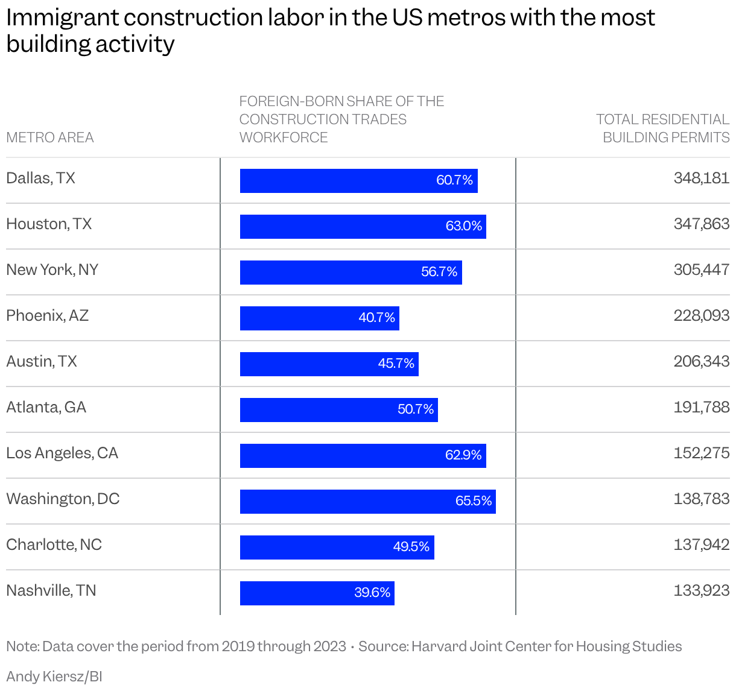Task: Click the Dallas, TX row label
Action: [x=41, y=178]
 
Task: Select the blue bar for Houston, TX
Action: [x=363, y=227]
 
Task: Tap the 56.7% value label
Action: [x=439, y=272]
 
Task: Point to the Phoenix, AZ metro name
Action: [x=48, y=316]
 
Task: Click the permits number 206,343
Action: [x=701, y=362]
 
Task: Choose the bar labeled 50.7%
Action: [x=338, y=410]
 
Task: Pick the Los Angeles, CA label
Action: [x=62, y=453]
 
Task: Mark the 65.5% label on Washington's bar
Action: [x=474, y=501]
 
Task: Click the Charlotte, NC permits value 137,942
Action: [x=701, y=545]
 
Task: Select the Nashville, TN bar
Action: [x=317, y=593]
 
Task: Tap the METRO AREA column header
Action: [x=50, y=138]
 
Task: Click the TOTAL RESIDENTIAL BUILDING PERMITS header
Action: [x=662, y=128]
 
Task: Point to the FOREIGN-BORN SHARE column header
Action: [x=341, y=119]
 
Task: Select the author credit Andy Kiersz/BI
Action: [x=54, y=676]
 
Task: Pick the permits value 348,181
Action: [x=701, y=178]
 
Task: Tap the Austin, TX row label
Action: [x=42, y=362]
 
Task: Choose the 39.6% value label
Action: [x=372, y=593]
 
